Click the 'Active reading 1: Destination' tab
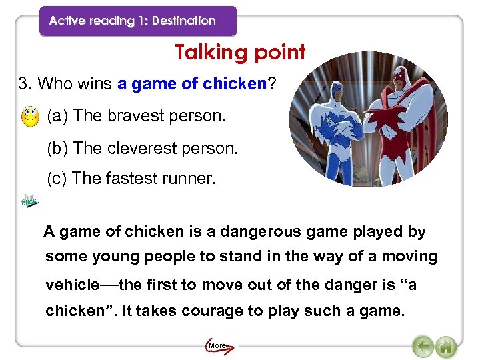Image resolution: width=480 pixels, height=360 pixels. coord(133,21)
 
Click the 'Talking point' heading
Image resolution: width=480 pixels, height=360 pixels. coord(240,52)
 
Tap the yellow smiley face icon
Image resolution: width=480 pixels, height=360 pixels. coord(29,117)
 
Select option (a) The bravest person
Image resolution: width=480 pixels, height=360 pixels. coord(137,116)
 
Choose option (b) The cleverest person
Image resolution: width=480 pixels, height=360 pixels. coord(142,147)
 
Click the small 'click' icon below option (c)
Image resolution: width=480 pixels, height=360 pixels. coord(29,201)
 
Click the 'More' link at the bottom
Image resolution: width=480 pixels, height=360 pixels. coord(217,345)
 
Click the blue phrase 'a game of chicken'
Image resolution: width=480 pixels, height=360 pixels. coord(192,84)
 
